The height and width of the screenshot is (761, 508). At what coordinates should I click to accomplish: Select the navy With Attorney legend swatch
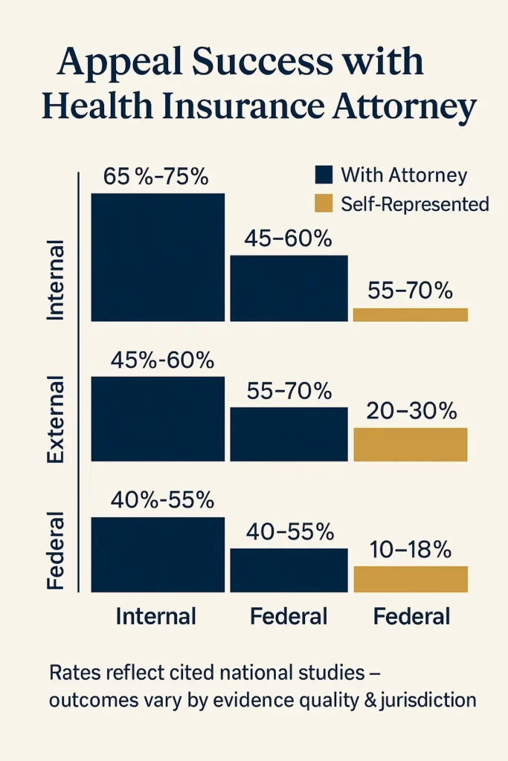(324, 175)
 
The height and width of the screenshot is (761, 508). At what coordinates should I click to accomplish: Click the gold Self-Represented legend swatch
(324, 204)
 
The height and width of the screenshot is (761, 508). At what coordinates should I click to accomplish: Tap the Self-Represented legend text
(414, 204)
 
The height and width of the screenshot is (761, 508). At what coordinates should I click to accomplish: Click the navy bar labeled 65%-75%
(157, 257)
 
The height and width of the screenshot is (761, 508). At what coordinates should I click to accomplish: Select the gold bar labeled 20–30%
(410, 444)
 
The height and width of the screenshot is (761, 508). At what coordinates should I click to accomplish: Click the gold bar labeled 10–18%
(410, 579)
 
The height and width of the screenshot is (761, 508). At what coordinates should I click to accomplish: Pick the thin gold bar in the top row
(410, 314)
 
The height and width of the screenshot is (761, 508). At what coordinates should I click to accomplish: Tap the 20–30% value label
(410, 412)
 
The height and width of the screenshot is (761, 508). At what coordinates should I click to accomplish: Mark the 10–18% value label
(410, 550)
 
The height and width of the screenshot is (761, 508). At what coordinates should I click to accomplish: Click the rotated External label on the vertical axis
(57, 420)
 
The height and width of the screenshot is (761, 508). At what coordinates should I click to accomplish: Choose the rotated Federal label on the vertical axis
(57, 551)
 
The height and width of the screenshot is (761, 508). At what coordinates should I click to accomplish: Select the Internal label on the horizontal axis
(156, 616)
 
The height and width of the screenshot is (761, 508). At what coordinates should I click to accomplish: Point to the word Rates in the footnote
(72, 674)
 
